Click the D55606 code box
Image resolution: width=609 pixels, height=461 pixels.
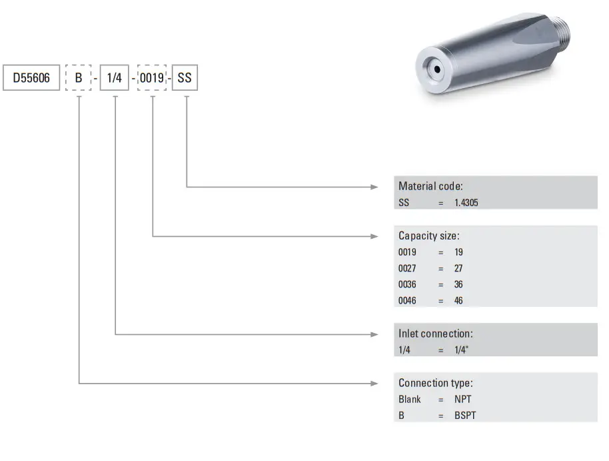tap(32, 79)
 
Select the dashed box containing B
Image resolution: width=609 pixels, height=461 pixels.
tap(79, 79)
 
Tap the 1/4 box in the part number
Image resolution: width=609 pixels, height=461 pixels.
tap(114, 79)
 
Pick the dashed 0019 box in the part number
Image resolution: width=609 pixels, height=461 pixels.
tap(152, 79)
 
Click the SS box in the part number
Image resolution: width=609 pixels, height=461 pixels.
tap(185, 79)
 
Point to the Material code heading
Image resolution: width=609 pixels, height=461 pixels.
tap(430, 186)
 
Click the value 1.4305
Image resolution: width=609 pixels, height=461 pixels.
tap(466, 203)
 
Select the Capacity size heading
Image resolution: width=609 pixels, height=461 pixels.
tap(428, 236)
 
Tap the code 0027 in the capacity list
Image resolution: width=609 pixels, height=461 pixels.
tap(407, 268)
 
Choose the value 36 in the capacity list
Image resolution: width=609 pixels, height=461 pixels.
tap(458, 284)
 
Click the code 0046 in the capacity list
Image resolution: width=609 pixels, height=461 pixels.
tap(407, 300)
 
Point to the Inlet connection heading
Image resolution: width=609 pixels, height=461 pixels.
tap(435, 333)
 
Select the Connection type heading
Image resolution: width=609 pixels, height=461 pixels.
tap(435, 383)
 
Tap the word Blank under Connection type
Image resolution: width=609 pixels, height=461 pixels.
tap(410, 400)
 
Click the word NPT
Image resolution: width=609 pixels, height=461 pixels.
tap(463, 400)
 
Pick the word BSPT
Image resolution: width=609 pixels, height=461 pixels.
tap(465, 415)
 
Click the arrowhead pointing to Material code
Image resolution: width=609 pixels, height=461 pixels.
tap(374, 187)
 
